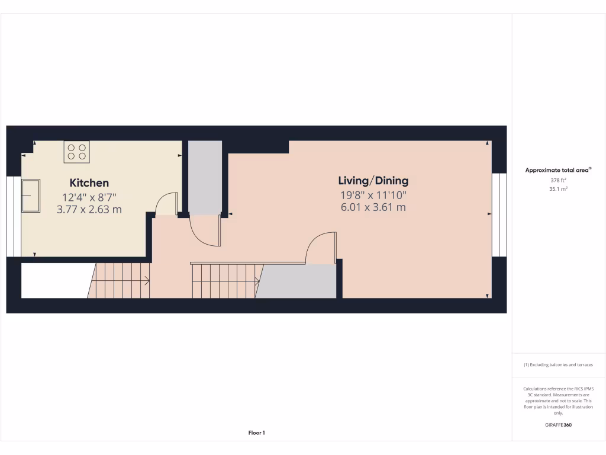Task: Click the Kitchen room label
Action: (89, 183)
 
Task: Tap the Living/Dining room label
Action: (373, 181)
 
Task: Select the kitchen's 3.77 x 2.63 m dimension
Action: (89, 209)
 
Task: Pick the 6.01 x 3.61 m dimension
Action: (373, 207)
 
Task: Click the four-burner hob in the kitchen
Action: (76, 152)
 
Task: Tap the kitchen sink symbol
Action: (30, 196)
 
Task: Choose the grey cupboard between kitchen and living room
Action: (205, 178)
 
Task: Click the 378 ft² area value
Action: (558, 180)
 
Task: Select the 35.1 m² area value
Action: (558, 189)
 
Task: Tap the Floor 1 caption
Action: (256, 433)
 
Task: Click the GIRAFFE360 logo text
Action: (558, 425)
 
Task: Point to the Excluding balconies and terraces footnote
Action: (558, 365)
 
